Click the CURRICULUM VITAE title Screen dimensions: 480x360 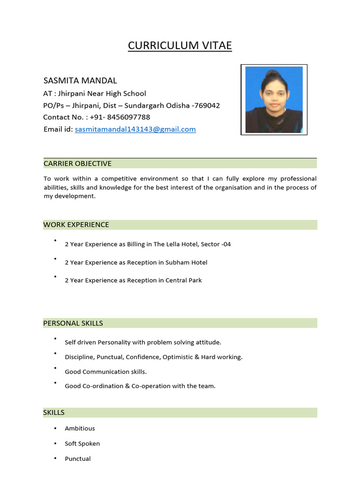click(x=180, y=45)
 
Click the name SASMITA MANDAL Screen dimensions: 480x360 click(x=80, y=81)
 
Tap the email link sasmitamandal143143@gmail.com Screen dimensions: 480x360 click(x=135, y=129)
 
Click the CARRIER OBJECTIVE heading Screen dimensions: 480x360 click(x=77, y=164)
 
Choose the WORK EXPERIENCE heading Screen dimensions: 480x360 click(x=76, y=225)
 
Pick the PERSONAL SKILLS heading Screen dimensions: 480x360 click(x=73, y=323)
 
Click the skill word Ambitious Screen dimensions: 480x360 click(x=80, y=428)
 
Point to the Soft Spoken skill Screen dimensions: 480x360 click(x=82, y=443)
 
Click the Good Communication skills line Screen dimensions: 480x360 click(x=105, y=372)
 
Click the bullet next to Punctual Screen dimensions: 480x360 click(x=55, y=458)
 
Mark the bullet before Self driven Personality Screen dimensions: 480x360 click(x=55, y=338)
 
